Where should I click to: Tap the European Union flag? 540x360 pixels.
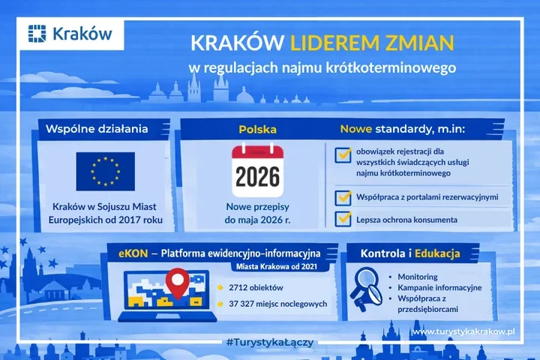[x=105, y=170]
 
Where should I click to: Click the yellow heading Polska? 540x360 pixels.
[x=257, y=129]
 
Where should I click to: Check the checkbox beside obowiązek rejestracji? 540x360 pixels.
[x=344, y=154]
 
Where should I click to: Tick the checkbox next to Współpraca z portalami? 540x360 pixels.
[x=344, y=197]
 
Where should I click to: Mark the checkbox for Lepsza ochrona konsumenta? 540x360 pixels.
[x=344, y=220]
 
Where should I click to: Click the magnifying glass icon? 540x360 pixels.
[x=369, y=288]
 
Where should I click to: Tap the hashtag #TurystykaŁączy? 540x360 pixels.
[x=268, y=342]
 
